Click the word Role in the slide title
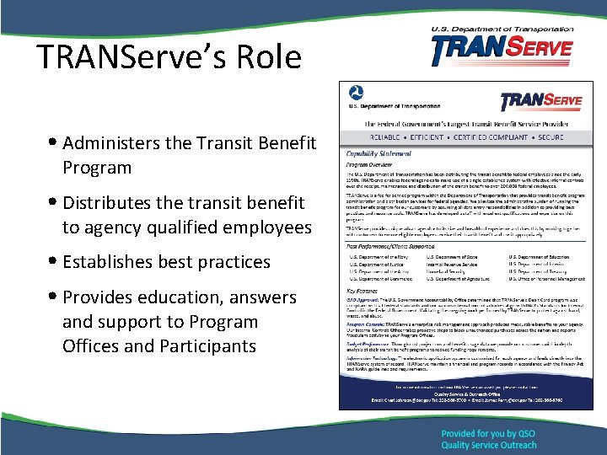coord(268,56)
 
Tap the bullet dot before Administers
coord(53,142)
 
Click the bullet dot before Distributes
coord(53,203)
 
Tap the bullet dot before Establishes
coord(53,262)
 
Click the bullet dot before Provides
coord(53,297)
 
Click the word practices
coord(232,262)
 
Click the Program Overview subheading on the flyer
coord(371,165)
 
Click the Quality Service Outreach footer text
coord(488,446)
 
